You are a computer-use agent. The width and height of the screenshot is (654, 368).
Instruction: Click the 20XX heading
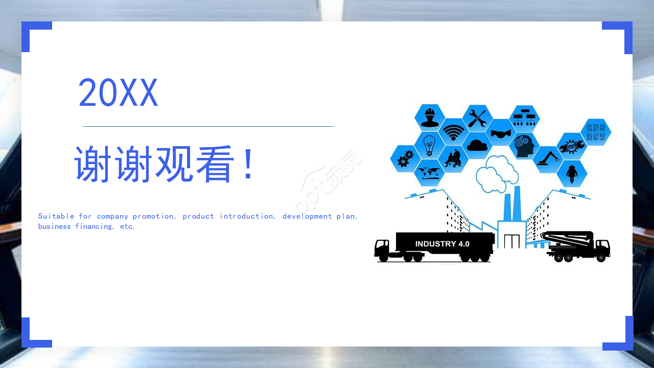[118, 93]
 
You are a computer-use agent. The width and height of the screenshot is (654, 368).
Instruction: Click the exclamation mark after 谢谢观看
[248, 164]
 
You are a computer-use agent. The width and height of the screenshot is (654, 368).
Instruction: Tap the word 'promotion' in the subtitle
[153, 216]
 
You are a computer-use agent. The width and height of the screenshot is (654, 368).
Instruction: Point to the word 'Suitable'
[56, 216]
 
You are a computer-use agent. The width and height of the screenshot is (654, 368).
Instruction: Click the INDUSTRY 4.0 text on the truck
[442, 244]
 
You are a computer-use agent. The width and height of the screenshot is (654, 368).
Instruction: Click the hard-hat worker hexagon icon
[429, 117]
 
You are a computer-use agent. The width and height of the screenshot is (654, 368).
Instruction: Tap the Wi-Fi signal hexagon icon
[453, 131]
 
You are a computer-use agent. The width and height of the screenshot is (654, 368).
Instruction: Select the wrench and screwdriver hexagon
[477, 118]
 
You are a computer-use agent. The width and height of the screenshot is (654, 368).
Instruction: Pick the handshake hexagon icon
[501, 133]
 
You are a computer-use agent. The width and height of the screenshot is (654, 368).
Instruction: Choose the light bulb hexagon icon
[429, 145]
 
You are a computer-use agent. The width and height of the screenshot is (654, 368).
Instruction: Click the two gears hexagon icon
[405, 158]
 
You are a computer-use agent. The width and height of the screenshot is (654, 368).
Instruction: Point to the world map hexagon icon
[429, 173]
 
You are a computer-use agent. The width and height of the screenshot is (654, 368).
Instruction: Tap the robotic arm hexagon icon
[548, 158]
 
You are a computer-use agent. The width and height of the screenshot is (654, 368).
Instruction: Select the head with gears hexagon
[524, 146]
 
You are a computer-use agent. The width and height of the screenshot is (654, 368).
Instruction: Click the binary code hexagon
[596, 132]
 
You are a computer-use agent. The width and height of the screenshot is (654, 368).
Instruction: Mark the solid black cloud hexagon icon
[477, 145]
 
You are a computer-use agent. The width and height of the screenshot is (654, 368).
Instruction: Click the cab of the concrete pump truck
[601, 247]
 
